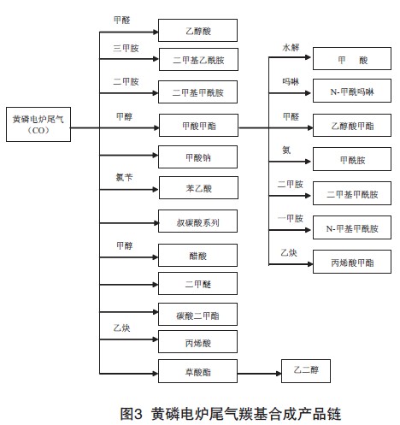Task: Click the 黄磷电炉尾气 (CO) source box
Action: pos(38,124)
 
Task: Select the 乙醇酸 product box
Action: pos(197,31)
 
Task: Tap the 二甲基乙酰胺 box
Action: pos(198,60)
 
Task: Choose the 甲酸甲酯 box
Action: pos(198,126)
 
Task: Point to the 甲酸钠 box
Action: pos(197,157)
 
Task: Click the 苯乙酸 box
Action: pos(198,188)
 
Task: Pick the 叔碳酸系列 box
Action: pos(197,221)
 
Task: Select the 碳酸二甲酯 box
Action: pos(197,315)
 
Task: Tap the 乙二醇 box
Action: pos(306,371)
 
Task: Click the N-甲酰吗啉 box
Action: pos(352,91)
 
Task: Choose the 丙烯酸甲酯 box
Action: pos(352,262)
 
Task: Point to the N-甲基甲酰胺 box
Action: pos(352,227)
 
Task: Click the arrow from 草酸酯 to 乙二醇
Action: pos(259,374)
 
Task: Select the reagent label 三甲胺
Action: pos(126,48)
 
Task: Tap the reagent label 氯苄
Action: pos(124,177)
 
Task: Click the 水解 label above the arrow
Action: pos(291,47)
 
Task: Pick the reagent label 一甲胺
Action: pos(291,218)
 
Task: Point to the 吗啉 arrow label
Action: pos(291,82)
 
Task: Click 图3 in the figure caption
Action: pos(131,414)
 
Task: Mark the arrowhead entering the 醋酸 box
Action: pos(156,257)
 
